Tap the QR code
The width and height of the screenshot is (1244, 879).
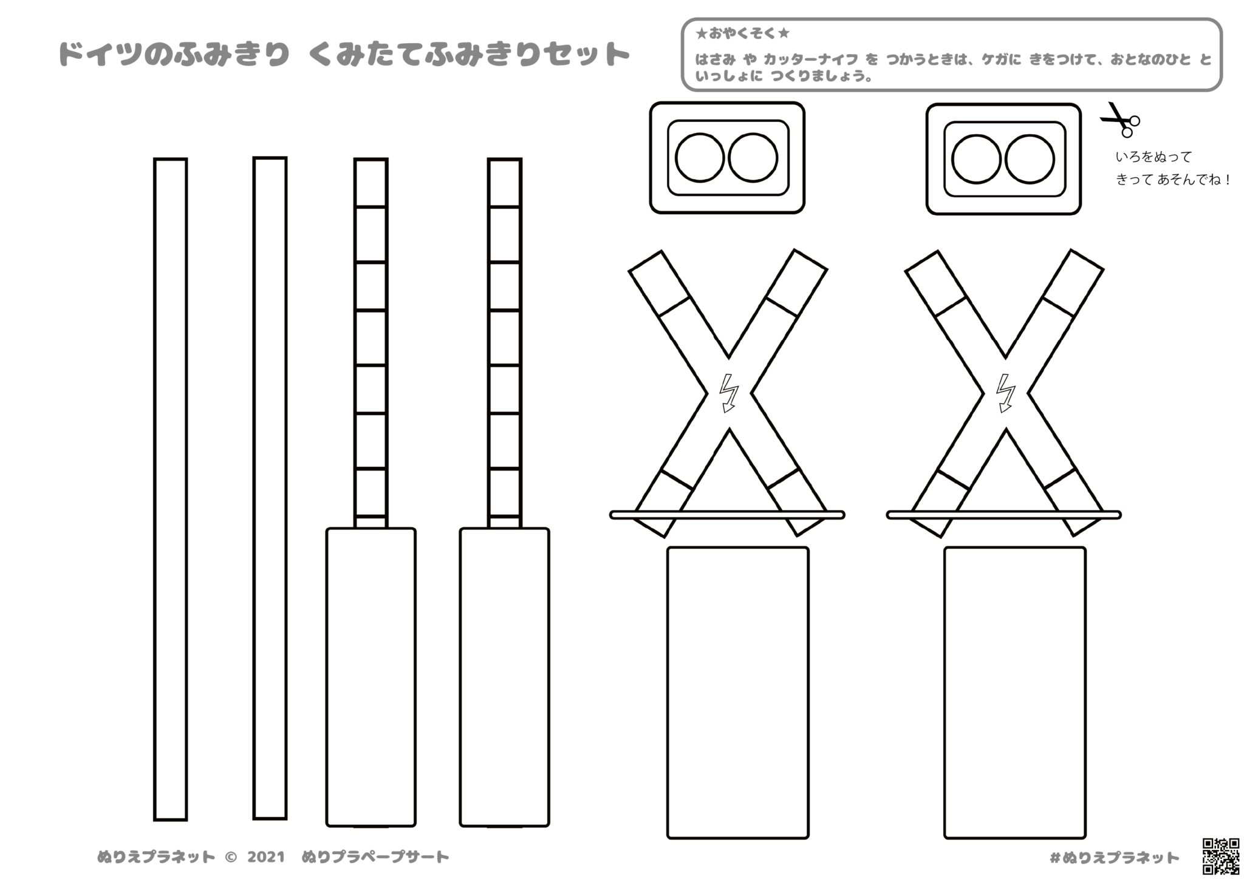(x=1221, y=855)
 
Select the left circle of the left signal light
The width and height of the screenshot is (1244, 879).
(x=700, y=158)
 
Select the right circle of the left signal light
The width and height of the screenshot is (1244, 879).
(x=753, y=158)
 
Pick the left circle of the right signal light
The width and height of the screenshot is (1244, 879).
(x=976, y=159)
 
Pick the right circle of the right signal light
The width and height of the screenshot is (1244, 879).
(x=1029, y=159)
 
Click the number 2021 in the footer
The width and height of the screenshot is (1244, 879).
(x=266, y=857)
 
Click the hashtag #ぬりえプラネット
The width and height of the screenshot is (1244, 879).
(x=1114, y=858)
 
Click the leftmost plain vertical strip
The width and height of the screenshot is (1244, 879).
(x=171, y=489)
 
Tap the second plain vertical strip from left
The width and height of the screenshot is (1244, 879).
(x=270, y=488)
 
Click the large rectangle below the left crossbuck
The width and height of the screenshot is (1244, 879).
(x=738, y=692)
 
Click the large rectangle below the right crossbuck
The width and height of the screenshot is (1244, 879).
(x=1014, y=692)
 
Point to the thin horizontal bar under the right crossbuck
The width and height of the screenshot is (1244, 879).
(x=1003, y=515)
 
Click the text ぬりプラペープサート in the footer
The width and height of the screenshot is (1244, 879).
(x=375, y=857)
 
